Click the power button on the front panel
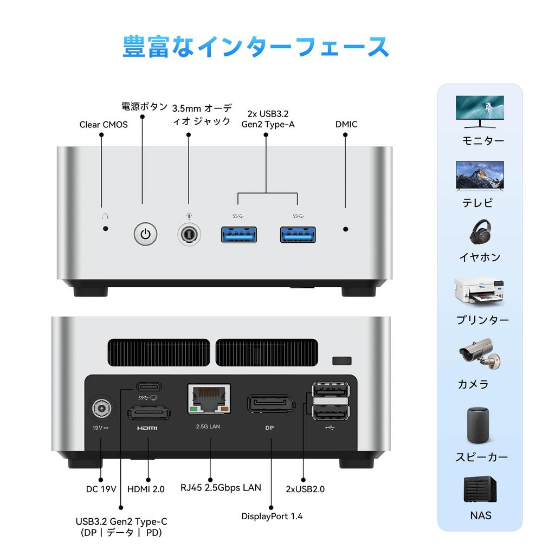tap(145, 234)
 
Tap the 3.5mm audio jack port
tap(189, 234)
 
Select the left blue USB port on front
tap(238, 234)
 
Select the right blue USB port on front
tap(298, 234)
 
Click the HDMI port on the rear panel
tap(149, 414)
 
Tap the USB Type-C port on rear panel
tap(149, 387)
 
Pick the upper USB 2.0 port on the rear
tap(330, 390)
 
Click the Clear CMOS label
tap(104, 125)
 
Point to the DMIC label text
tap(346, 124)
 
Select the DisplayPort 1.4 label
tap(272, 516)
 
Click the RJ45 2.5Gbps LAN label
tap(221, 487)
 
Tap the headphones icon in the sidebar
tap(480, 232)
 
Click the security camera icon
tap(479, 353)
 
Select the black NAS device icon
tap(480, 489)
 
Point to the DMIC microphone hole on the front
tap(346, 229)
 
